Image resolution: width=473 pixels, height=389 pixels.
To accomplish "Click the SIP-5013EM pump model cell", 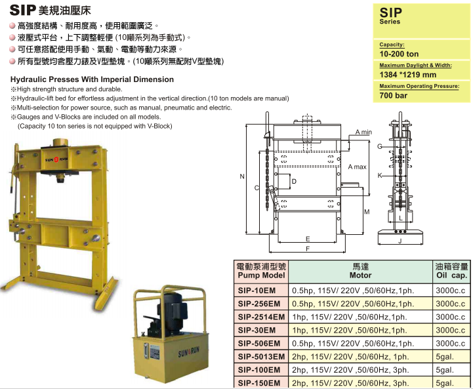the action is point(261,357).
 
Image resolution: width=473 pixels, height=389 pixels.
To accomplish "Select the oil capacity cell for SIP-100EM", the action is point(451,370).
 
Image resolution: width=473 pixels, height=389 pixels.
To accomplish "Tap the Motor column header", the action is point(360,271).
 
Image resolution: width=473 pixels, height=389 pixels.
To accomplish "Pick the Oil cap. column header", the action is point(451,271).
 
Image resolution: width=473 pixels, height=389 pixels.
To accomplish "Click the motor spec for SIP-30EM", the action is point(350,330).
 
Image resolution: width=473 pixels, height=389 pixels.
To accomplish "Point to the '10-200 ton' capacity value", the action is point(399,54).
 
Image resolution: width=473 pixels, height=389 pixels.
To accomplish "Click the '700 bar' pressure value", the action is point(394,96).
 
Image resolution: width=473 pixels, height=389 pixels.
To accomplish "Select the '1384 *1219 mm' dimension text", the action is point(407,75).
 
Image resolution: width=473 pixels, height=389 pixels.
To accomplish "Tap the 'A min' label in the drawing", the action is point(363,132).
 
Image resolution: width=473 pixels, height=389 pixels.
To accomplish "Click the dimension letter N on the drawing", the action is point(242,176).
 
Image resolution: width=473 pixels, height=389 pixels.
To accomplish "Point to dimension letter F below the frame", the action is point(308,249).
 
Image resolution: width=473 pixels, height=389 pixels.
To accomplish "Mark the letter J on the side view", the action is point(400,241).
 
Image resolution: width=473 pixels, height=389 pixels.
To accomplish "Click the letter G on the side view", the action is point(379,146).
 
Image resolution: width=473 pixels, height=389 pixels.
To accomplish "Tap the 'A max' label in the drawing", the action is point(357,167).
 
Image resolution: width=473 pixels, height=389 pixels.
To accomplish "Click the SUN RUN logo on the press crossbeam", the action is point(56,159).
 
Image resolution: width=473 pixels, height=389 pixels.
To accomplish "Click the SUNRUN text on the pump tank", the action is point(188,352).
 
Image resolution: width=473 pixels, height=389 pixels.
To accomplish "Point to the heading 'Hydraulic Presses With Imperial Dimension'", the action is point(92,79).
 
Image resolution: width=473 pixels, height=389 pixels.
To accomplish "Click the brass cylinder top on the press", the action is point(60,142).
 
